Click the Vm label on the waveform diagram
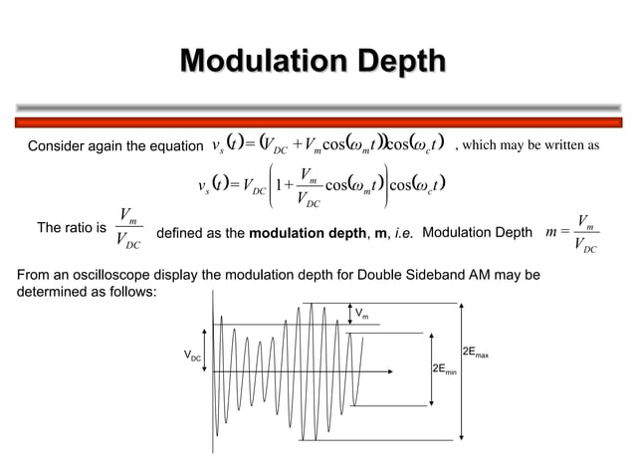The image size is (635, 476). (361, 315)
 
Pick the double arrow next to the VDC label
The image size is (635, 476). (208, 355)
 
